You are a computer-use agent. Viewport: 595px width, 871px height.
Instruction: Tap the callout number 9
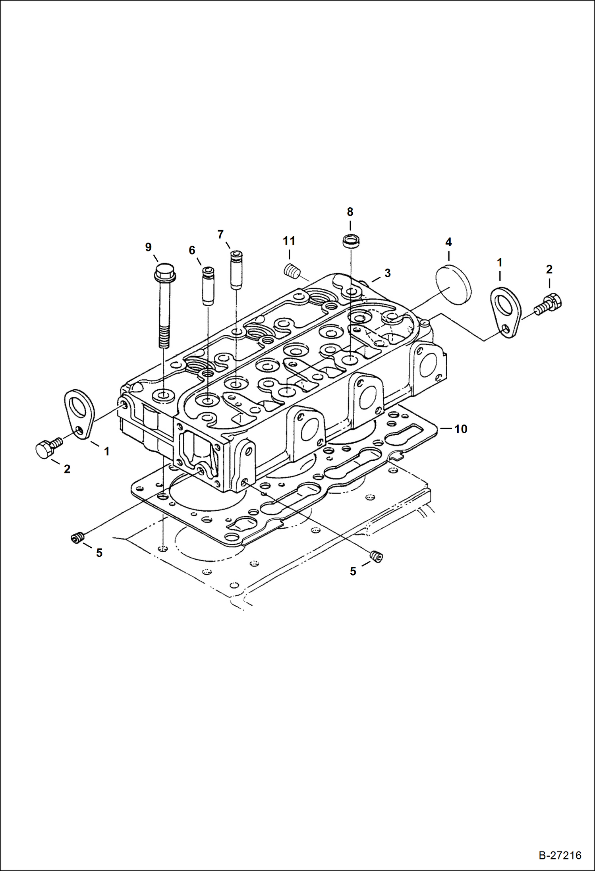[x=148, y=247]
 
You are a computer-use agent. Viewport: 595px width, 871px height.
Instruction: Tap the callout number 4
[x=448, y=242]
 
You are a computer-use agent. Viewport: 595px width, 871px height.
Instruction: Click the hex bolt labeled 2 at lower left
[x=47, y=448]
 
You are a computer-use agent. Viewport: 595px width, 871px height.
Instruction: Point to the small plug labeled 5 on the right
[x=376, y=557]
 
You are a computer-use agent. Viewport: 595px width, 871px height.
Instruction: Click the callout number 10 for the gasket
[x=460, y=429]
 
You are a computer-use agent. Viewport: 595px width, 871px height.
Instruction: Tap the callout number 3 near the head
[x=387, y=273]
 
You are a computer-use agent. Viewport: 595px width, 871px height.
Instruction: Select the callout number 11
[x=289, y=241]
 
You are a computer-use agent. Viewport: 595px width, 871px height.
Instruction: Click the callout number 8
[x=350, y=212]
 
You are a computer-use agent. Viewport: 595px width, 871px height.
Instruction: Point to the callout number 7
[x=220, y=234]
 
